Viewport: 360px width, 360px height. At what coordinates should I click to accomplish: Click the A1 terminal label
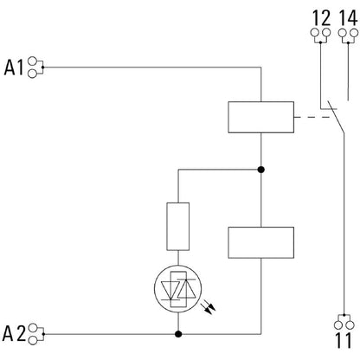point(15,66)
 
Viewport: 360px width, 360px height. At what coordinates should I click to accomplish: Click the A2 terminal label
point(15,332)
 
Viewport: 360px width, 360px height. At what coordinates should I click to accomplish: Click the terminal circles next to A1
point(35,66)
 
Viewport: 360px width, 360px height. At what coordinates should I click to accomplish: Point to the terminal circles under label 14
point(348,35)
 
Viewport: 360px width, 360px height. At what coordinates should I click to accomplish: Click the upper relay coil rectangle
point(260,117)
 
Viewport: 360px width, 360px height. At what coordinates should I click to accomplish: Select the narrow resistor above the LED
point(177,224)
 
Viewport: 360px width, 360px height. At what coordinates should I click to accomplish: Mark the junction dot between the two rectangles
point(260,170)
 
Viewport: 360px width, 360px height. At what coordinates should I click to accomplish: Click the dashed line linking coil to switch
point(309,117)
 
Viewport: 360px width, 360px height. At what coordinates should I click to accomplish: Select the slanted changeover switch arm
point(332,119)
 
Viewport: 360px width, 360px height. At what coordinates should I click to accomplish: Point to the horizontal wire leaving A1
point(147,66)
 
